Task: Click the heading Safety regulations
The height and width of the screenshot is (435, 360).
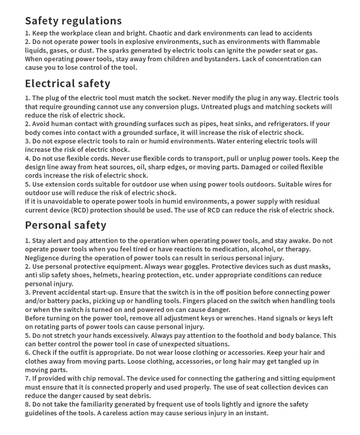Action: [x=73, y=21]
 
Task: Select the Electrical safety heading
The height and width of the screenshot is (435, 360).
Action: [x=67, y=84]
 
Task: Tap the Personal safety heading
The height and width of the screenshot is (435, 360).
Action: [x=66, y=225]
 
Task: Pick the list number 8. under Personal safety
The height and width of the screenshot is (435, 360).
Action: [x=28, y=404]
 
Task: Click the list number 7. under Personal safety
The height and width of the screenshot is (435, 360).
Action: [x=28, y=379]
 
